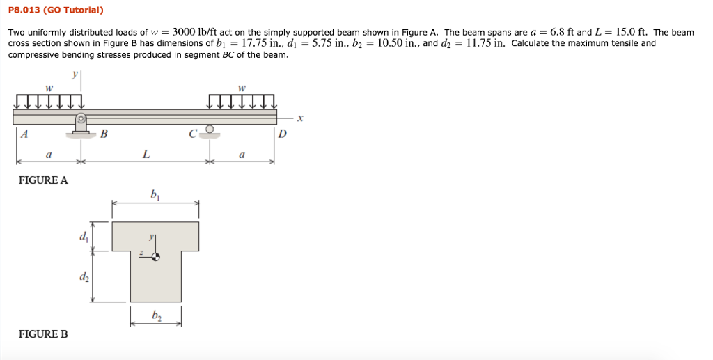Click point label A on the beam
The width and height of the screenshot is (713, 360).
click(x=24, y=135)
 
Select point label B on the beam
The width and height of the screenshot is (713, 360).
click(x=104, y=135)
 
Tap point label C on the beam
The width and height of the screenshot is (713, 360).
click(x=193, y=135)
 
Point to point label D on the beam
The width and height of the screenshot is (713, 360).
click(x=282, y=135)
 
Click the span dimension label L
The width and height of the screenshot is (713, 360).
click(x=145, y=155)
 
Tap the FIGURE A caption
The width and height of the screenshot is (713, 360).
click(x=43, y=180)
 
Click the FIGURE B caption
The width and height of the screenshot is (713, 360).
click(x=43, y=334)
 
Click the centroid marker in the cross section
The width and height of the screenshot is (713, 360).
click(x=156, y=257)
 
